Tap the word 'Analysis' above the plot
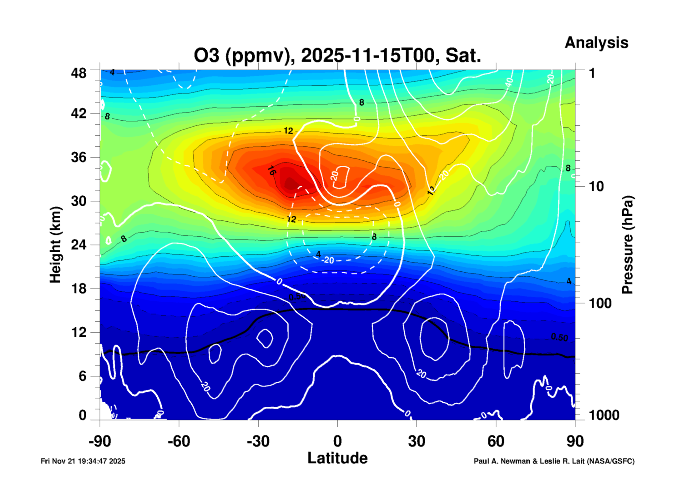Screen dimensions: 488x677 (596, 43)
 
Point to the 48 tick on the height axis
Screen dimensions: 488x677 (78, 73)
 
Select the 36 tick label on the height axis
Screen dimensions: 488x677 (78, 157)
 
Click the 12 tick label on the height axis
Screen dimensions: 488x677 (78, 332)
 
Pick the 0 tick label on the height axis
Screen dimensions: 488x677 (82, 415)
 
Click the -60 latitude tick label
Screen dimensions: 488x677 (179, 441)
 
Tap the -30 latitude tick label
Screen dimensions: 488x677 (258, 441)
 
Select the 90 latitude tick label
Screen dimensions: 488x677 (575, 441)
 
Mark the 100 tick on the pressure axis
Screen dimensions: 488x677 (600, 303)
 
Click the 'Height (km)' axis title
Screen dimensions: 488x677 (55, 245)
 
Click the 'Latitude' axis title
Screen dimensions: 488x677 (337, 458)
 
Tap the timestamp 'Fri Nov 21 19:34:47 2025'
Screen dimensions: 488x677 (83, 461)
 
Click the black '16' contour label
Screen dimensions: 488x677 (272, 171)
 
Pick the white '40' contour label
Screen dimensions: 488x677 (509, 83)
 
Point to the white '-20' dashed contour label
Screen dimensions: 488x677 (328, 260)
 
